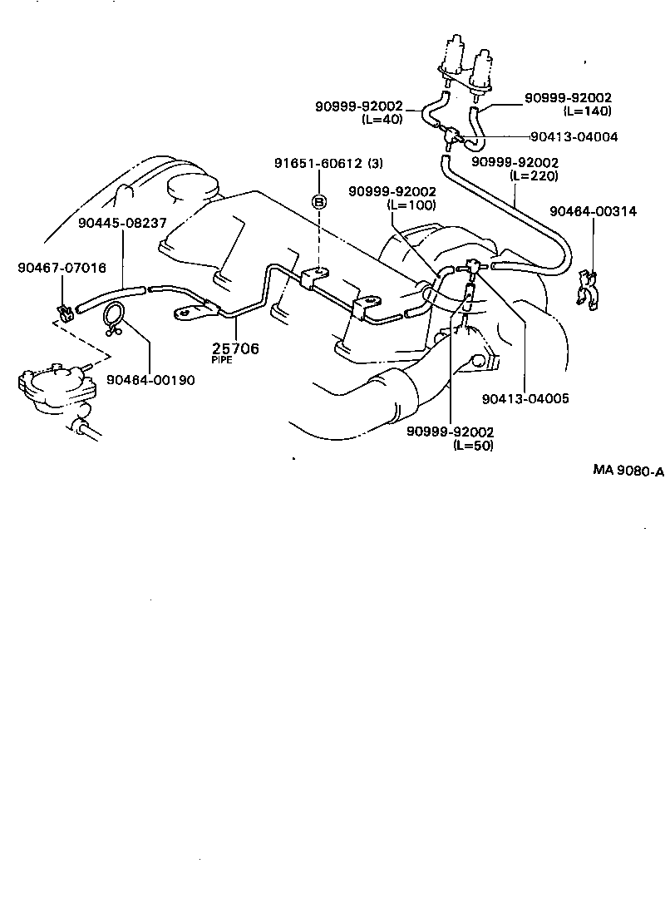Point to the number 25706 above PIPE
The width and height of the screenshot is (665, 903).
click(234, 348)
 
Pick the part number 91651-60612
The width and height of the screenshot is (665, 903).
click(318, 163)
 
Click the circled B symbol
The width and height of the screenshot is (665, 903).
click(319, 201)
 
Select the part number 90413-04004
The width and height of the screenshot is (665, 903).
click(574, 137)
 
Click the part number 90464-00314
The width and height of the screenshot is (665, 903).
click(594, 211)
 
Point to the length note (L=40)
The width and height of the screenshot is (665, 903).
click(382, 119)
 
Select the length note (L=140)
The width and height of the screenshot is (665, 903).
click(587, 111)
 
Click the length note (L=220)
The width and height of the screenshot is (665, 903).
click(534, 175)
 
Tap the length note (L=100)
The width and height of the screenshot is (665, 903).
click(412, 205)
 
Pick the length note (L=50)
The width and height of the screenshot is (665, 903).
click(473, 445)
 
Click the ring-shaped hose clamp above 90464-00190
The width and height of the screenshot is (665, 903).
click(114, 314)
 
